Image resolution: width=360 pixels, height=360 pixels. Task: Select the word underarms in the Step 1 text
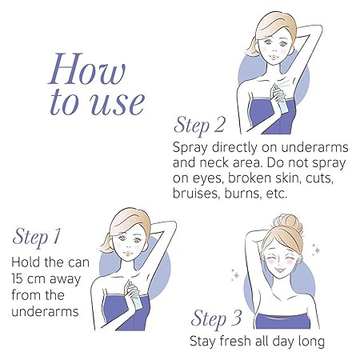click(x=46, y=311)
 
